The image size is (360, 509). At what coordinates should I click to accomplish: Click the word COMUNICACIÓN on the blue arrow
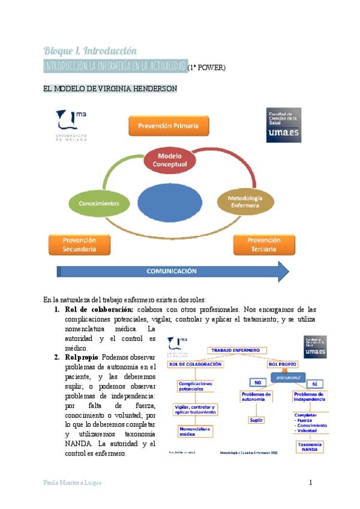pos(172,271)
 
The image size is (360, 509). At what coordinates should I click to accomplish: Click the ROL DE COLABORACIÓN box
pos(192,363)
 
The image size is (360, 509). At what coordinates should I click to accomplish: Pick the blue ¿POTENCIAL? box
pos(289,376)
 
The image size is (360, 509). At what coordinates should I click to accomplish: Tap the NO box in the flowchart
pos(257,383)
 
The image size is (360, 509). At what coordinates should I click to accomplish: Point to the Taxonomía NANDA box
pos(311,447)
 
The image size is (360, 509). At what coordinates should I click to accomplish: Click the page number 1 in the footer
pos(311,483)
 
